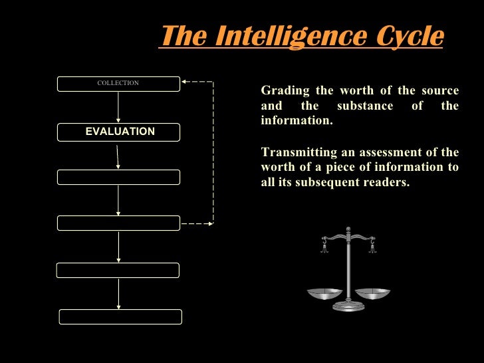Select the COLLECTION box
tap(118, 84)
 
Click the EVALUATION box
tap(118, 132)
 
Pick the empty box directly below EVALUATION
tap(118, 177)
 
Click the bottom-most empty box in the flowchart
tap(120, 316)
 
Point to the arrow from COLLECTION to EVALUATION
tap(118, 107)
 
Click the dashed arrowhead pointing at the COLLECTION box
tap(186, 82)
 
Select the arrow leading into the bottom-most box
tap(118, 293)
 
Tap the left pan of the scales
tap(324, 293)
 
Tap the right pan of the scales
tap(372, 293)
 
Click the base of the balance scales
tap(348, 307)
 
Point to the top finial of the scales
tap(348, 229)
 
